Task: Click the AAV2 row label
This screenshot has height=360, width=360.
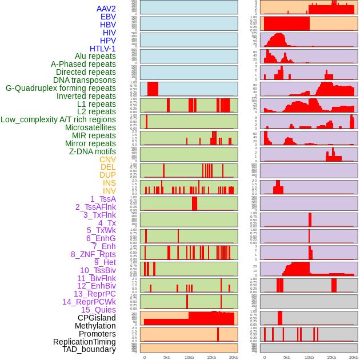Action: click(106, 9)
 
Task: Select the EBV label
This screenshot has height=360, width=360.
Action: click(108, 17)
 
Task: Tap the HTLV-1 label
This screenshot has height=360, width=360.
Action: click(103, 49)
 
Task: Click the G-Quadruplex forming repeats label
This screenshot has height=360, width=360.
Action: click(61, 88)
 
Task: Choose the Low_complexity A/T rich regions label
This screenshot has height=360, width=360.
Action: click(58, 119)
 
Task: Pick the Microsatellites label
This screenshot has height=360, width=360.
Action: click(90, 127)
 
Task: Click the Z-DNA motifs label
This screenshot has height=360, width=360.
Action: click(93, 151)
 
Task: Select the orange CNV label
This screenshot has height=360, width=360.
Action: click(107, 159)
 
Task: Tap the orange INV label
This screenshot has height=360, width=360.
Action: click(109, 191)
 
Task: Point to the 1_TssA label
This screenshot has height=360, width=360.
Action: click(103, 199)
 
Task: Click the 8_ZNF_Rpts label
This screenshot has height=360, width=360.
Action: click(93, 254)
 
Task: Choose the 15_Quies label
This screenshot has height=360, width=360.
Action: click(98, 310)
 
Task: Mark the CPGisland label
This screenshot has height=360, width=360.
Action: click(97, 318)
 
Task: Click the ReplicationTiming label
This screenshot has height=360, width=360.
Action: click(85, 342)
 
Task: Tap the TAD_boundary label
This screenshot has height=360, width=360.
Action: click(89, 349)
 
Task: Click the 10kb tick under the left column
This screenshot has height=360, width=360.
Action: click(189, 357)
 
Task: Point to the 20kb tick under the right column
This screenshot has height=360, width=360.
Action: click(354, 357)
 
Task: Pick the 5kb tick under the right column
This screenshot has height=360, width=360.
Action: click(287, 357)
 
